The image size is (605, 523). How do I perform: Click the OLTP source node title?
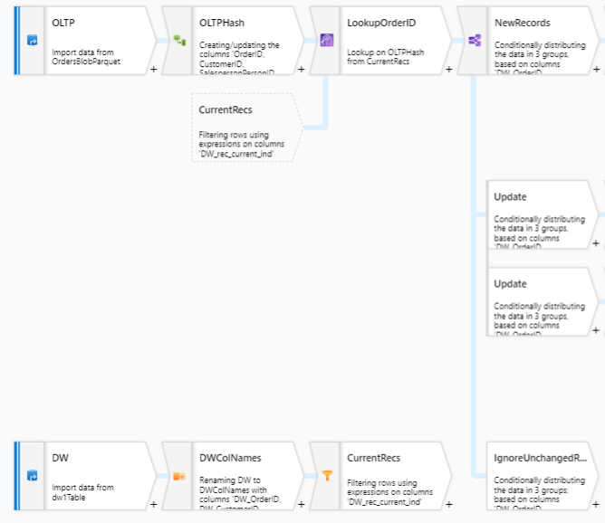click(63, 23)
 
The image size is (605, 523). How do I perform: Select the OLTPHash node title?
click(221, 23)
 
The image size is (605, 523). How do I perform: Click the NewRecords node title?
click(522, 23)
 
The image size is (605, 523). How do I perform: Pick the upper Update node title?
click(510, 196)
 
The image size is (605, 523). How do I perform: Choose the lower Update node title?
click(510, 283)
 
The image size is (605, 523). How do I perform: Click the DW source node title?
click(60, 458)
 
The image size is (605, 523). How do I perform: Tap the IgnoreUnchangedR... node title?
click(541, 458)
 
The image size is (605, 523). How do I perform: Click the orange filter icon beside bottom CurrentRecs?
click(327, 475)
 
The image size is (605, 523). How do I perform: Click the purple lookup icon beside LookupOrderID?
click(327, 40)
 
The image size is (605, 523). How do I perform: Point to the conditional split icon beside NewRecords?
click(474, 40)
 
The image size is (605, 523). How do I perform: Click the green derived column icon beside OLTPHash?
click(179, 40)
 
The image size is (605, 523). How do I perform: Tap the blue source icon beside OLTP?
click(32, 40)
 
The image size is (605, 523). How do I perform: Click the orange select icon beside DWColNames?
click(179, 475)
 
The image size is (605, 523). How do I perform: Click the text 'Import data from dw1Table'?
click(83, 492)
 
